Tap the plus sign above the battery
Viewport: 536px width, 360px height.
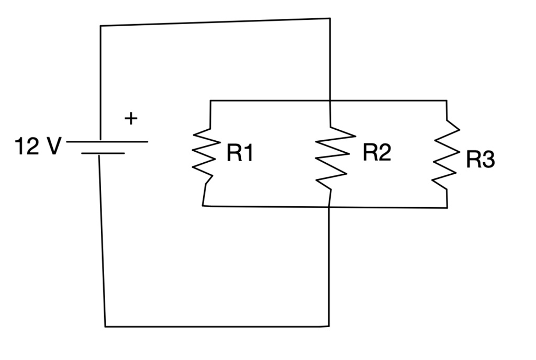click(x=131, y=119)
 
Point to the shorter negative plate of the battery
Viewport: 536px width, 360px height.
click(x=103, y=153)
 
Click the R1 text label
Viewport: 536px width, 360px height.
click(x=240, y=154)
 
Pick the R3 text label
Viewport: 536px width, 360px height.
click(x=480, y=160)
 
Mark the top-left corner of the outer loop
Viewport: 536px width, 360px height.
click(x=100, y=25)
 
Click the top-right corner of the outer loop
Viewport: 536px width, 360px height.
click(x=330, y=18)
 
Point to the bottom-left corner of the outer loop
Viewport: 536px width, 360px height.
click(x=105, y=327)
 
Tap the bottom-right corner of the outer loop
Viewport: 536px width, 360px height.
click(x=329, y=327)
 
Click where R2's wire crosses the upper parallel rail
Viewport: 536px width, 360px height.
click(x=330, y=100)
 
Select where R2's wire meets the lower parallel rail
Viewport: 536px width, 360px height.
click(x=329, y=207)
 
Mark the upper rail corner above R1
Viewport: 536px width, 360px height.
click(x=210, y=100)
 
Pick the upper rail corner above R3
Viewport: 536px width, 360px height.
click(x=446, y=100)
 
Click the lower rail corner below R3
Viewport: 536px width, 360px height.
click(x=447, y=208)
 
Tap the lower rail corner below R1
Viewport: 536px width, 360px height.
click(x=203, y=206)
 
